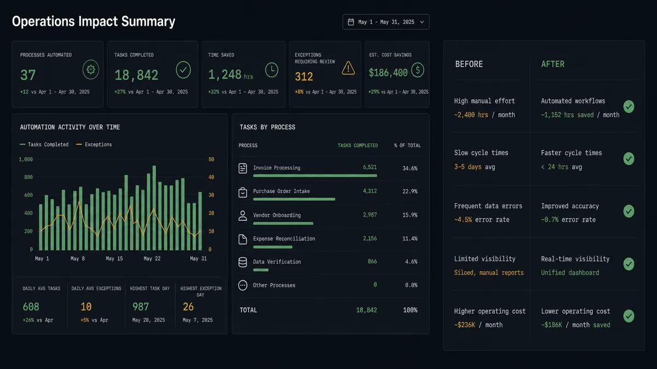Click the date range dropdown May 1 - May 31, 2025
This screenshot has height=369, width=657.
(385, 22)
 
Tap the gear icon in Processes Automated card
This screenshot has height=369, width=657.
(91, 69)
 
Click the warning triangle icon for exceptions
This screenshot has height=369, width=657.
(348, 68)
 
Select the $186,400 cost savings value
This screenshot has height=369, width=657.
(388, 73)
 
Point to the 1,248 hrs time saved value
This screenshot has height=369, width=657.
(230, 75)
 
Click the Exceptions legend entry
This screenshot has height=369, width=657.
(94, 144)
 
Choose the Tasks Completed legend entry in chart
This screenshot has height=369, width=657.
(44, 144)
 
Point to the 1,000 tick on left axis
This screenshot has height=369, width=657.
(26, 160)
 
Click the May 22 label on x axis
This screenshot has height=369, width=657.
(152, 259)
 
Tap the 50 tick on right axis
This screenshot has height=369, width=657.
(211, 160)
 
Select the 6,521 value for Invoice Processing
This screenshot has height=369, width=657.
(370, 167)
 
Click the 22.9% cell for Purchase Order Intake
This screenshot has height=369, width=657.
(410, 191)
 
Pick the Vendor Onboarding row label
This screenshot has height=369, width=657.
(277, 215)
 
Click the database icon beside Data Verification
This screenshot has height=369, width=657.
(243, 262)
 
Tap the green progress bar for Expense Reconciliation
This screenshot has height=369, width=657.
(273, 247)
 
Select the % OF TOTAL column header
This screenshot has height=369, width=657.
(407, 145)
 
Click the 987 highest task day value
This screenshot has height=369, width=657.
(141, 307)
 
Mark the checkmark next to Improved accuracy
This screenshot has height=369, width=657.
(629, 211)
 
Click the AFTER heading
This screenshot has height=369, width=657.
(552, 64)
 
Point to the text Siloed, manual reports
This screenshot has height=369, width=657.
(488, 273)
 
